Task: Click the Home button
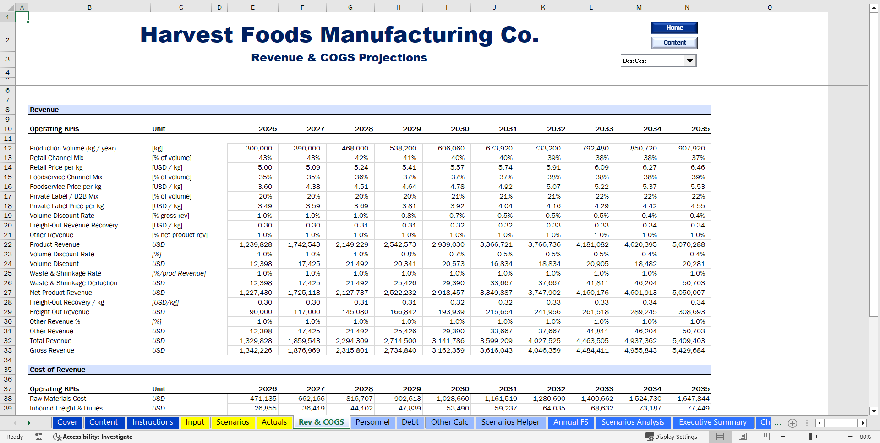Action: click(x=674, y=28)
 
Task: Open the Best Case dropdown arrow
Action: click(x=690, y=61)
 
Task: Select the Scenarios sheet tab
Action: click(x=233, y=422)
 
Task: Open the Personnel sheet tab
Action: click(x=372, y=422)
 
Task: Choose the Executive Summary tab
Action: click(x=712, y=422)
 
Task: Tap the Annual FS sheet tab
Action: click(x=570, y=422)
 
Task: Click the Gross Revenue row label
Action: click(x=52, y=350)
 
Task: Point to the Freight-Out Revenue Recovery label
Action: click(x=74, y=225)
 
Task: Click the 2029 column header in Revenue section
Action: click(x=411, y=129)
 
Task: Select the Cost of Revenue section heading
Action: click(x=58, y=370)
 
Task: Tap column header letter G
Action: click(x=350, y=7)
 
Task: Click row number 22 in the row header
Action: click(x=8, y=244)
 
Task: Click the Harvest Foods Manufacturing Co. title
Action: click(x=339, y=35)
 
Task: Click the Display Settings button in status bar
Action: click(x=672, y=437)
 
